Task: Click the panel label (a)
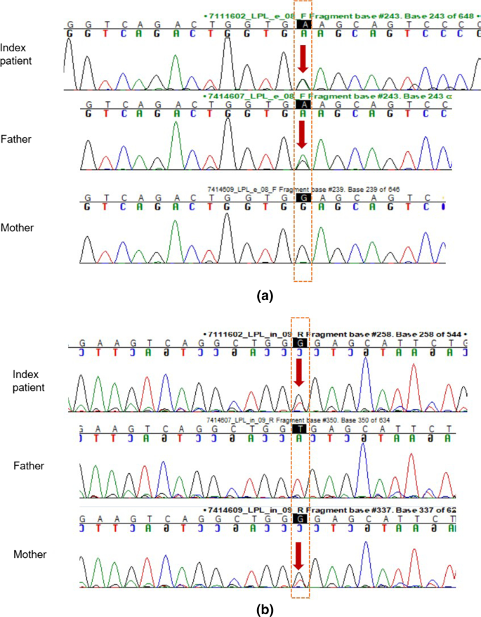coord(265,296)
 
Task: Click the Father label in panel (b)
coord(29,465)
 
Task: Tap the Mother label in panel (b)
coord(29,554)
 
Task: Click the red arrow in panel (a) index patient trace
coord(302,59)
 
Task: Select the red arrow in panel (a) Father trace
coord(302,135)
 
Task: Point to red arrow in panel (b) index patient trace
coord(300,372)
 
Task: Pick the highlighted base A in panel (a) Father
coord(303,103)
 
